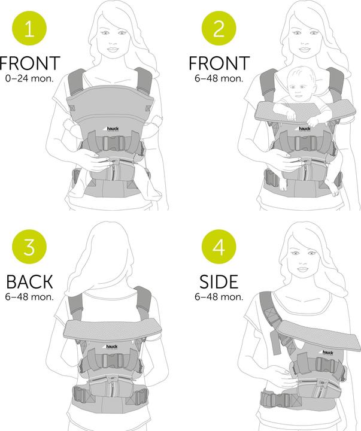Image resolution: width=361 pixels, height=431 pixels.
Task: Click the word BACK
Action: point(29,282)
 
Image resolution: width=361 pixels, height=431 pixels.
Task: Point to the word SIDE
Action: point(219,282)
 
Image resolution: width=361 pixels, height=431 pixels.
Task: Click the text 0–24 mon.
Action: point(30,78)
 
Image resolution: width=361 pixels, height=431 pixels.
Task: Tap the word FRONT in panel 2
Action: point(219,63)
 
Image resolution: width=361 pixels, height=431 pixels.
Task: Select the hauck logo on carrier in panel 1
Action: point(115,128)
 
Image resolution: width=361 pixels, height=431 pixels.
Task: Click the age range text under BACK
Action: point(30,296)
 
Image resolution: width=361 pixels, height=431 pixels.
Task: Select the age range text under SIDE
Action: point(219,296)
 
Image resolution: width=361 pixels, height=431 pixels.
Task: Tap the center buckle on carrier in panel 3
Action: point(111,360)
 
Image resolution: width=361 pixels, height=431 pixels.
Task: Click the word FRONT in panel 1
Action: point(30,63)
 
